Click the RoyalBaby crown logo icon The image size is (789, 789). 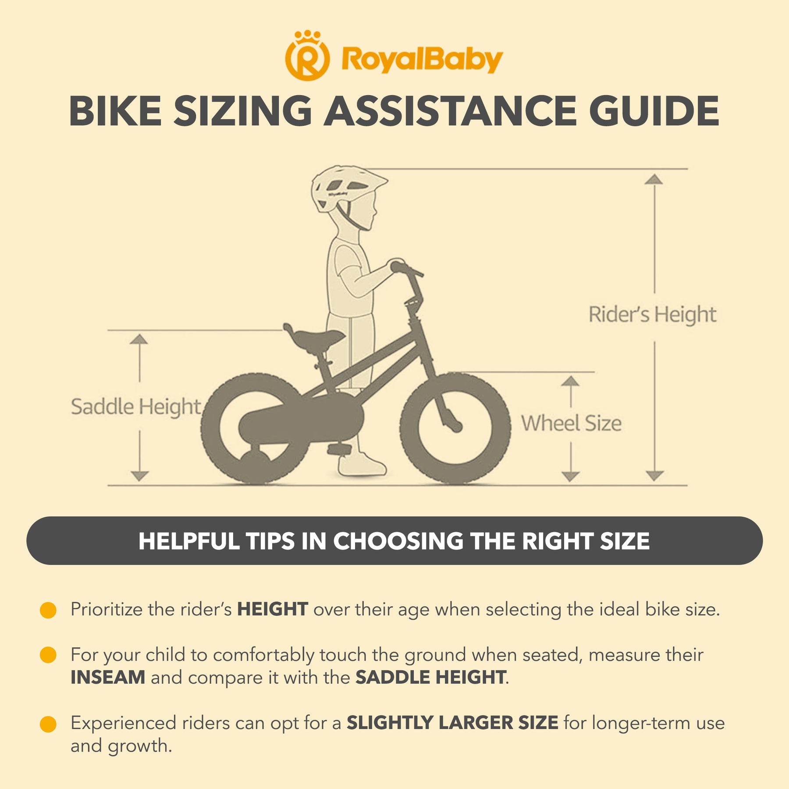[x=307, y=56]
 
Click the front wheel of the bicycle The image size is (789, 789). [x=455, y=428]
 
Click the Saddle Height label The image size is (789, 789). [x=136, y=407]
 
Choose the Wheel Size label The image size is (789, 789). [x=571, y=423]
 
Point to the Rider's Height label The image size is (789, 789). [x=652, y=315]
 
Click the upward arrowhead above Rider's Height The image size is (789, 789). [x=654, y=179]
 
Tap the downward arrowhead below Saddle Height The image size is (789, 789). [x=139, y=476]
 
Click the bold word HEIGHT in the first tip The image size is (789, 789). [x=272, y=610]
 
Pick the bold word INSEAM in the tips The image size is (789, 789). [x=108, y=678]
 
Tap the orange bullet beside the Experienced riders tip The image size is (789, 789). [x=48, y=724]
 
